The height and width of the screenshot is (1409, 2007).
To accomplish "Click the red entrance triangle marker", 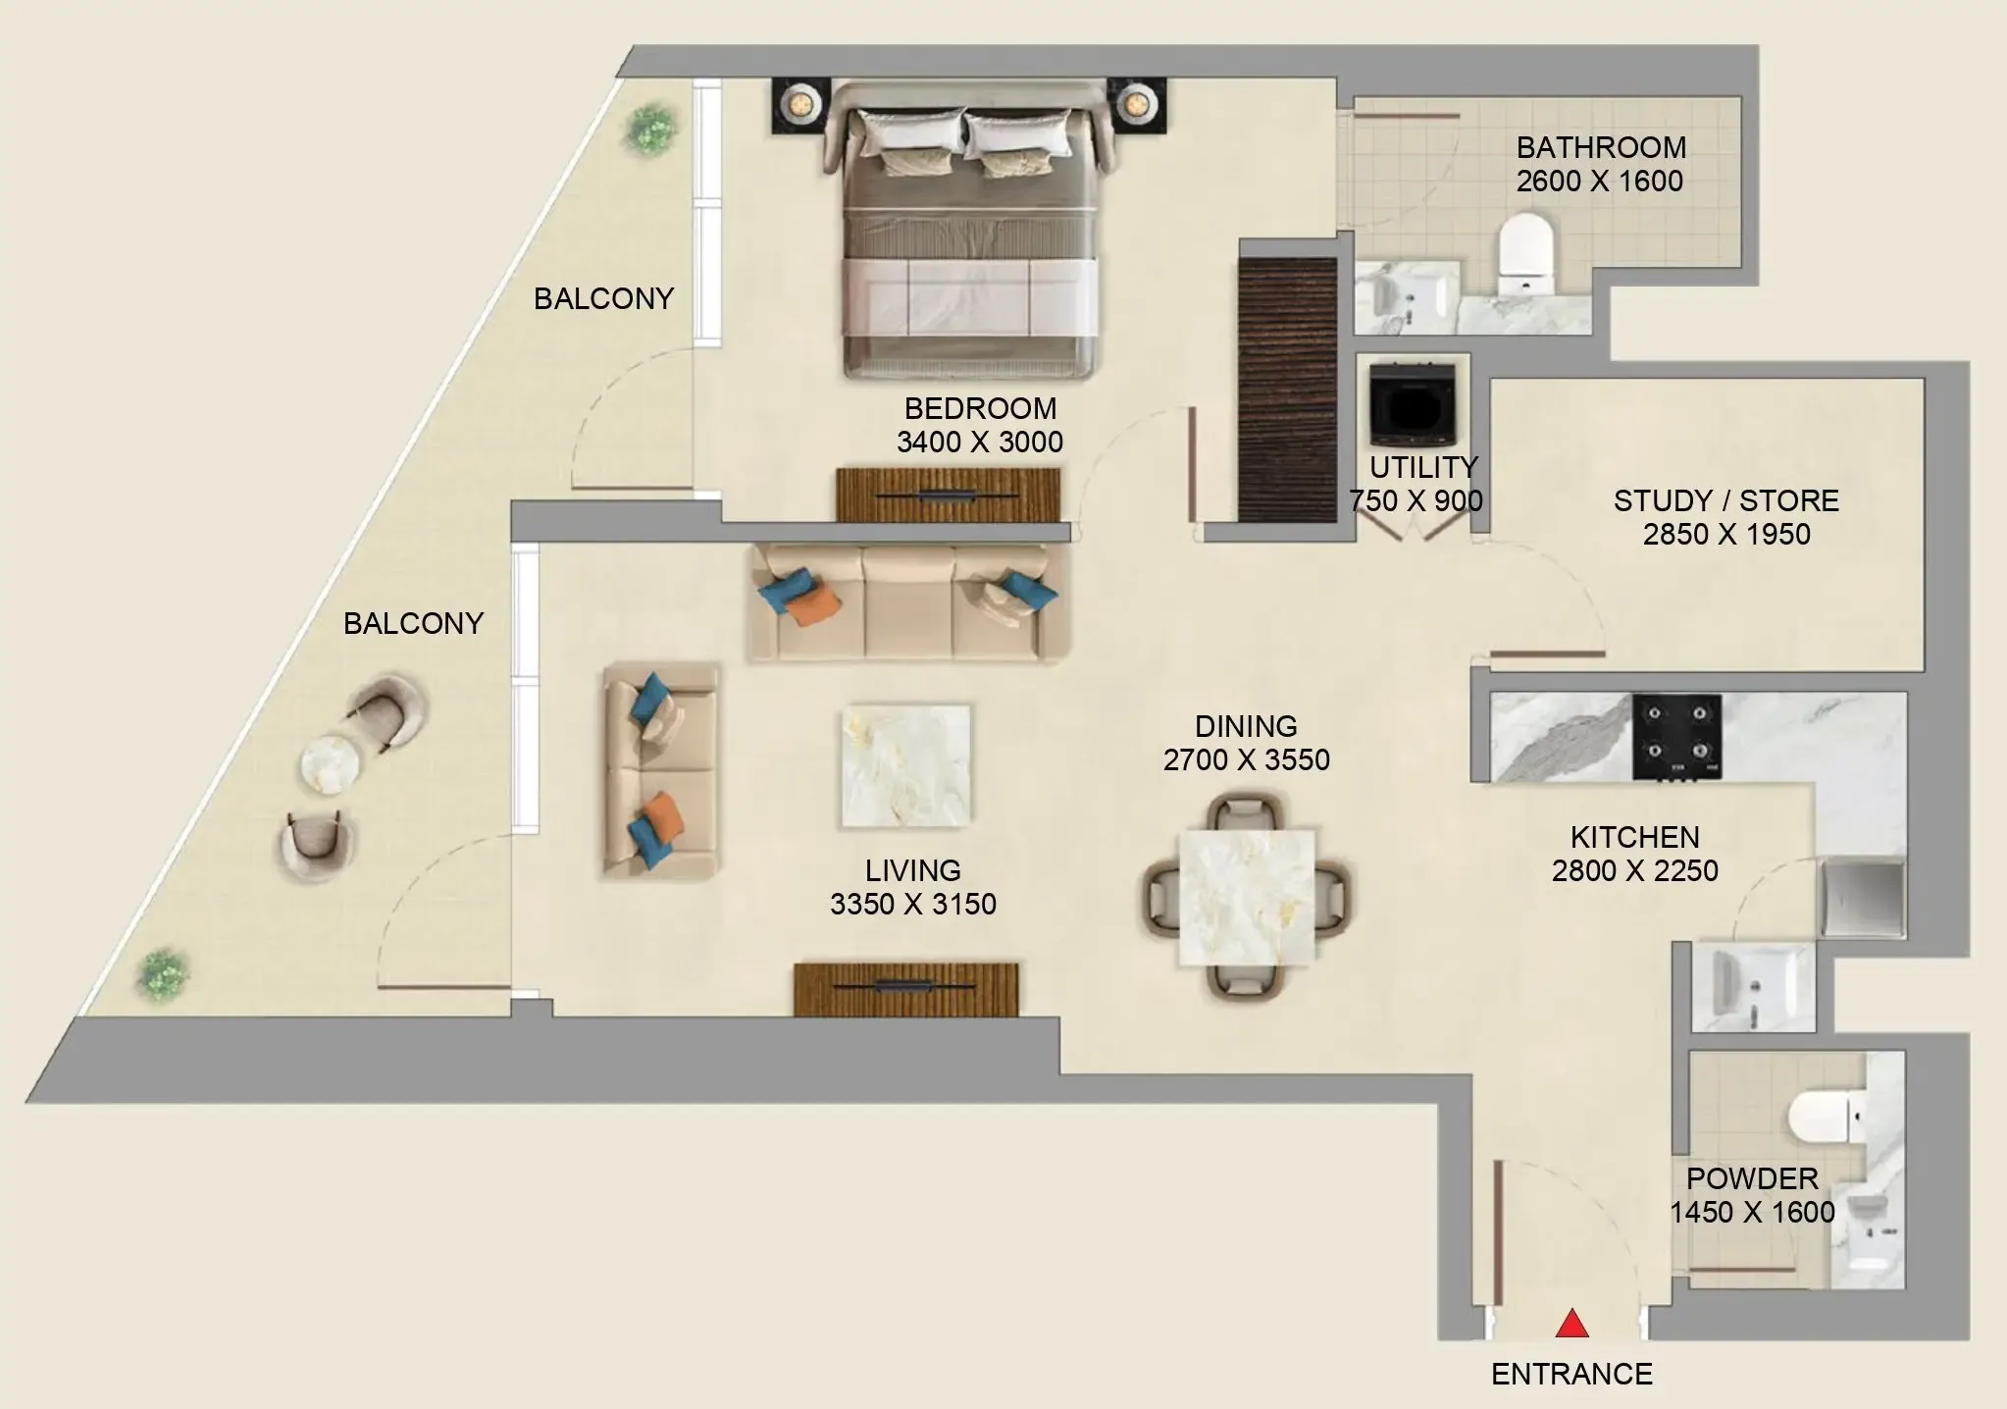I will coord(1571,1324).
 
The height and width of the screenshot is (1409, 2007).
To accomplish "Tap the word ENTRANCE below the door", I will coord(1571,1374).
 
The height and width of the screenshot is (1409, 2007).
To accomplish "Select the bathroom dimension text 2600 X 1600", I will coord(1599,182).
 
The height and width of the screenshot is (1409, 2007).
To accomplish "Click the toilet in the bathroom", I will coord(1525,253).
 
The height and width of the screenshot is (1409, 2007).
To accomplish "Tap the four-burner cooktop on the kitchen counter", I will coord(1676,737).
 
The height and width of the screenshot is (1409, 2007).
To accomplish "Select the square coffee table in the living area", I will coord(906,765).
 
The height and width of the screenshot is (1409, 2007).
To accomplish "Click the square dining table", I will coord(1247,897).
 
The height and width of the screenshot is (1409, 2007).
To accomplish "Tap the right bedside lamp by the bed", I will coord(1136,102).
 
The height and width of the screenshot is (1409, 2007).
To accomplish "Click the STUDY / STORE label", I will coord(1725,501).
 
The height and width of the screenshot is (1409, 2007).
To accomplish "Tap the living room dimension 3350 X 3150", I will coord(912,904).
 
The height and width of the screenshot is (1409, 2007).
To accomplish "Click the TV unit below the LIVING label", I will coord(905,988).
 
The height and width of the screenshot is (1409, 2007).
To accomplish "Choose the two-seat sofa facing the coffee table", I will coord(660,769).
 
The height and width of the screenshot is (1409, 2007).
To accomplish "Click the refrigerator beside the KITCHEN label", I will coord(1861,898).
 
